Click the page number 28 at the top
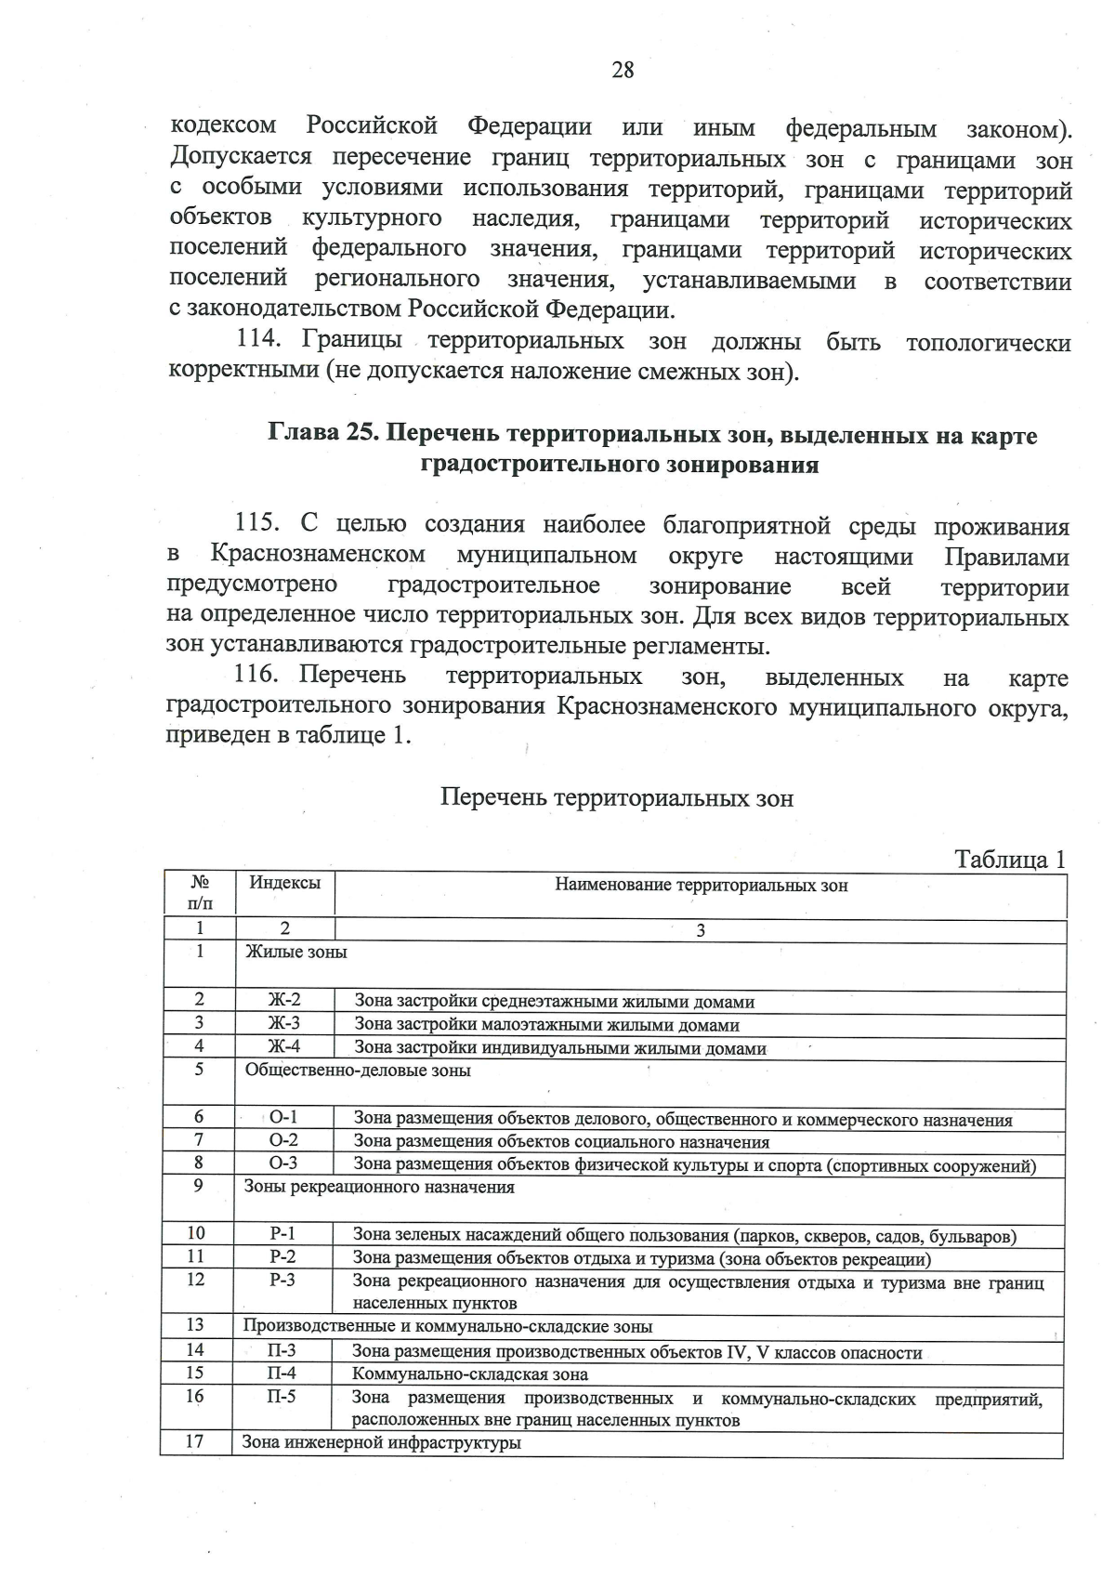click(623, 70)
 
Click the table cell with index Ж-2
click(284, 1001)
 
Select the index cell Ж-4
click(284, 1047)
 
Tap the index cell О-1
click(283, 1118)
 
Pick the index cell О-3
click(283, 1163)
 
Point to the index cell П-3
click(282, 1351)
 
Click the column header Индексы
click(285, 883)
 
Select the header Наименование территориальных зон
click(701, 886)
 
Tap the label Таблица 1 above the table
click(1010, 860)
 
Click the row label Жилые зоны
click(295, 953)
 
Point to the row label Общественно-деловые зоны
click(358, 1071)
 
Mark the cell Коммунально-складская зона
click(470, 1374)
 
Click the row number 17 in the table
click(194, 1443)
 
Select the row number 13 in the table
click(195, 1326)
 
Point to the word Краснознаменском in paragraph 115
click(318, 556)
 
